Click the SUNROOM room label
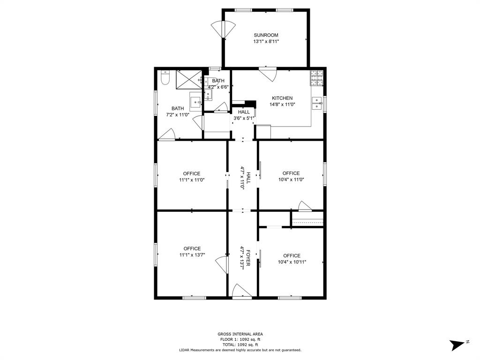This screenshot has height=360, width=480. pos(266,35)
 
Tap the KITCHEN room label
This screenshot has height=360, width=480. pos(282,98)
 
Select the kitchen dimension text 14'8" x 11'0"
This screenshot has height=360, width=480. pos(282,105)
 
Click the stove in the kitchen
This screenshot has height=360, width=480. pos(316,78)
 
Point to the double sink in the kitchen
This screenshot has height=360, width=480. pos(317,103)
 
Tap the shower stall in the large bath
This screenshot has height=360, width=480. pos(189,80)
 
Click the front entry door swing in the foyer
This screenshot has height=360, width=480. pos(242,290)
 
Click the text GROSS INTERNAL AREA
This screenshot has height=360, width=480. pos(240,334)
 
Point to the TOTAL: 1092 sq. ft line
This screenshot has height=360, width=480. pos(240,345)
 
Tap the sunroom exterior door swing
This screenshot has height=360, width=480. pos(224,29)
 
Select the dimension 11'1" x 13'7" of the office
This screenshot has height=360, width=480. pos(192,255)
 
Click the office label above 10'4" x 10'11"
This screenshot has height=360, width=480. pos(292,255)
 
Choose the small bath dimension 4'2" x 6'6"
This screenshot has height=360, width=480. pos(218,87)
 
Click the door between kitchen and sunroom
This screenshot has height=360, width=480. pos(268,74)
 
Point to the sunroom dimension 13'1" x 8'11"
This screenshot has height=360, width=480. pos(266,41)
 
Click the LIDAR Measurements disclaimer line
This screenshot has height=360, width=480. pos(240,350)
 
